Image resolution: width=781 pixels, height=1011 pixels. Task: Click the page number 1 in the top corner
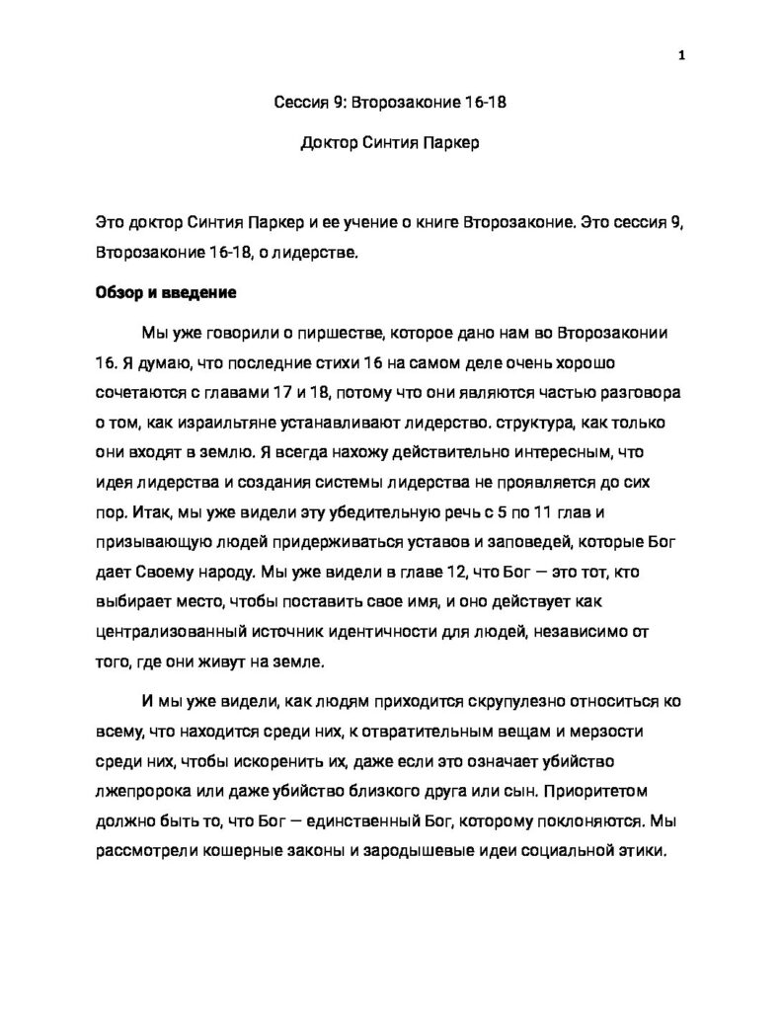[x=681, y=55]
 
